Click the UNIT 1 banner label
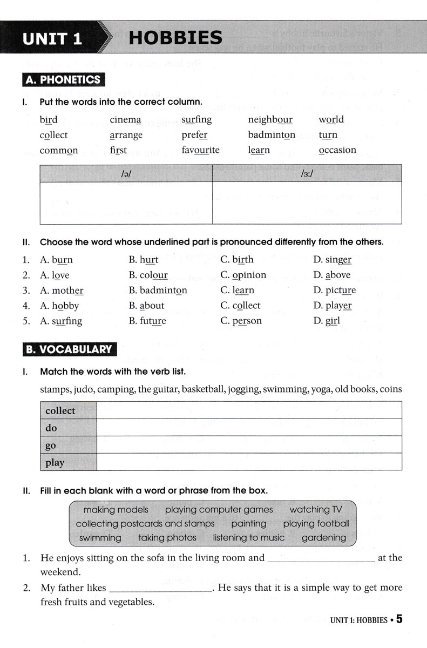click(x=52, y=39)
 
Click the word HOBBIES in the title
click(x=175, y=38)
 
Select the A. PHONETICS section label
click(x=63, y=80)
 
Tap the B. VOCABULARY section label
click(x=69, y=349)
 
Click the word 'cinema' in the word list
click(x=125, y=119)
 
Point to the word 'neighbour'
click(x=270, y=119)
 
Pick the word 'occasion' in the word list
click(x=337, y=150)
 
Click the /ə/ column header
click(x=126, y=174)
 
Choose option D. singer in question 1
click(x=332, y=260)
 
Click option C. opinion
click(x=243, y=275)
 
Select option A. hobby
click(x=59, y=306)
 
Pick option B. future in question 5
click(x=147, y=321)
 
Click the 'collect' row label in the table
click(x=60, y=410)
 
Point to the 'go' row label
click(x=51, y=445)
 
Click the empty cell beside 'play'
click(x=249, y=462)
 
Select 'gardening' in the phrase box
click(x=324, y=538)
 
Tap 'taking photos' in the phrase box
click(x=167, y=538)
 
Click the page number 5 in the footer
click(x=399, y=619)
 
